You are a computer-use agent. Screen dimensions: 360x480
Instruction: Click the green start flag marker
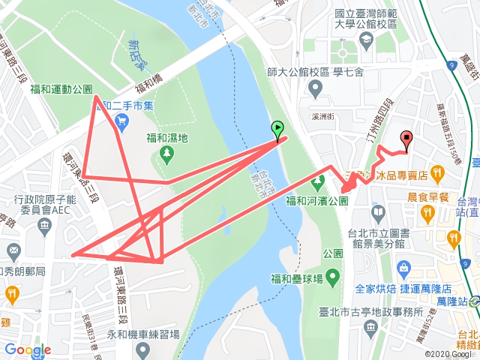click(277, 130)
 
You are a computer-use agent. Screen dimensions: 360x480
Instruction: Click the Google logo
click(27, 349)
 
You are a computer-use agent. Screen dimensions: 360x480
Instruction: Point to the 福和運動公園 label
click(61, 88)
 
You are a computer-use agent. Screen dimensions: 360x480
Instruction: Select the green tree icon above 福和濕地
click(166, 156)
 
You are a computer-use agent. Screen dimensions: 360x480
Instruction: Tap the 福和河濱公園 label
click(318, 201)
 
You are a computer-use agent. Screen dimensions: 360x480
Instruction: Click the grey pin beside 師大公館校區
click(316, 89)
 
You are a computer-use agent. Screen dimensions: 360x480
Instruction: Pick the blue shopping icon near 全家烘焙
click(405, 268)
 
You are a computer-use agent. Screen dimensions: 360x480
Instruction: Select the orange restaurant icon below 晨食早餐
click(427, 213)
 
